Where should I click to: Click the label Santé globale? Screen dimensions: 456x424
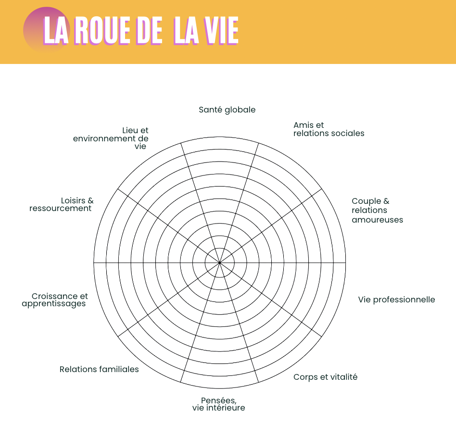pyautogui.click(x=227, y=110)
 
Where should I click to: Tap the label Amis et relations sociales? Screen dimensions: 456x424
pyautogui.click(x=329, y=129)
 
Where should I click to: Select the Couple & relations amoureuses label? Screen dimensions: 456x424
pyautogui.click(x=377, y=210)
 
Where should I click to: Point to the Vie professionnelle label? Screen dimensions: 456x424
pyautogui.click(x=396, y=299)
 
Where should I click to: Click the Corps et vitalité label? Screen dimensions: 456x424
pyautogui.click(x=326, y=377)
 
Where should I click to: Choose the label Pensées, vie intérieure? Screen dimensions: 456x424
pyautogui.click(x=219, y=404)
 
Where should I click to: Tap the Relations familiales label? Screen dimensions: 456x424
pyautogui.click(x=99, y=369)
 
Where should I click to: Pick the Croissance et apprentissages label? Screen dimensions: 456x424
pyautogui.click(x=55, y=300)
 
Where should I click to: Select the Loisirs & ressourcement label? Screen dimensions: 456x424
pyautogui.click(x=62, y=204)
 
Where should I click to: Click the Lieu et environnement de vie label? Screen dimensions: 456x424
pyautogui.click(x=111, y=138)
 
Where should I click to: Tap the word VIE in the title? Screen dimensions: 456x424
pyautogui.click(x=221, y=30)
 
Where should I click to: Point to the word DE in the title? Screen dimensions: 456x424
pyautogui.click(x=149, y=30)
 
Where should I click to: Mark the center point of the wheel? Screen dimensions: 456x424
pyautogui.click(x=219, y=262)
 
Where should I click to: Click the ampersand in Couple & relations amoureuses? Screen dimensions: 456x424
pyautogui.click(x=386, y=201)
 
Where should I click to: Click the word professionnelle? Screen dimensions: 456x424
pyautogui.click(x=404, y=299)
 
